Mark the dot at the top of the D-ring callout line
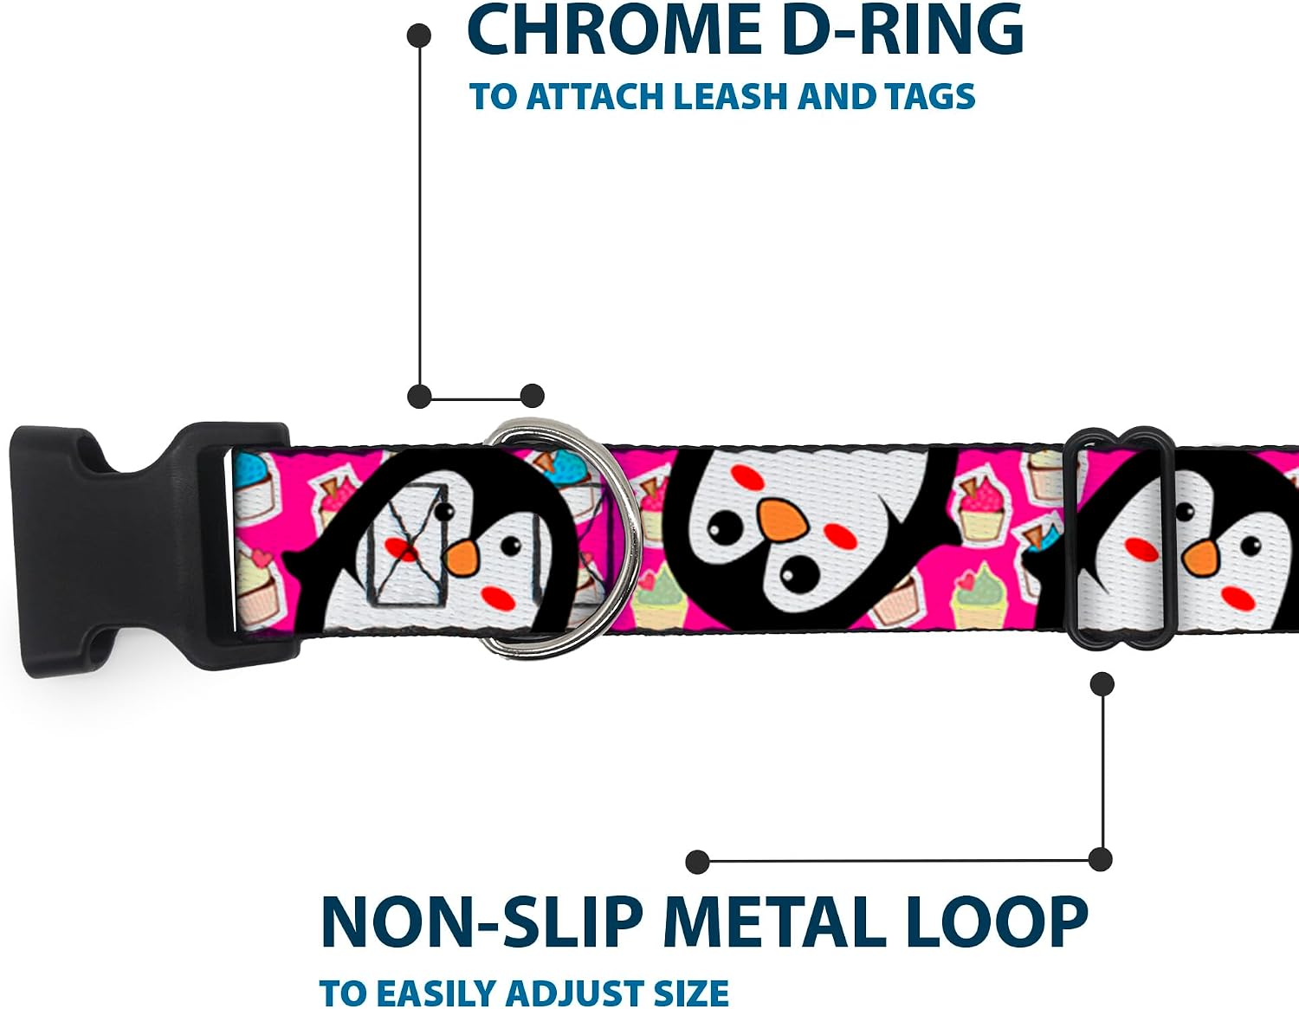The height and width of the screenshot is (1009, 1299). pyautogui.click(x=419, y=36)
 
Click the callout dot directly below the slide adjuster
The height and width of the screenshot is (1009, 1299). pyautogui.click(x=1102, y=684)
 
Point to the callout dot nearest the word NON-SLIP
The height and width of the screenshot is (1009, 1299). pyautogui.click(x=698, y=862)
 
